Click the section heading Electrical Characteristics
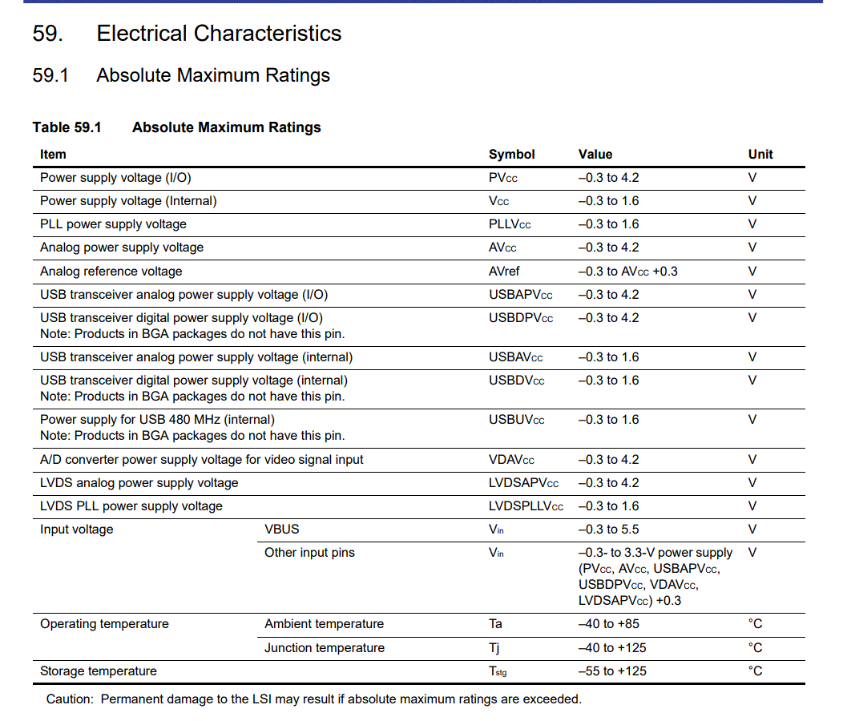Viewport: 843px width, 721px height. point(219,34)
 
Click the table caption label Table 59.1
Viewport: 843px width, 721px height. point(67,127)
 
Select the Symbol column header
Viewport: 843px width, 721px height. point(511,155)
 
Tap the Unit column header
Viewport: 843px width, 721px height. point(760,155)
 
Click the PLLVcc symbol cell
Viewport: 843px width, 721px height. point(510,224)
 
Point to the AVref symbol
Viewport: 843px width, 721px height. point(504,272)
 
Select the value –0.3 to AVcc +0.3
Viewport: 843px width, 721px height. point(627,272)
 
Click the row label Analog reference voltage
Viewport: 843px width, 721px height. point(111,272)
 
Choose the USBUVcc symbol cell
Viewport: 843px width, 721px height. point(516,420)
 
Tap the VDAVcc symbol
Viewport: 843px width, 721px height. point(511,460)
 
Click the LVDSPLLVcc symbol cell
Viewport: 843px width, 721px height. point(526,506)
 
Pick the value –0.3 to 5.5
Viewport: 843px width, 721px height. point(608,530)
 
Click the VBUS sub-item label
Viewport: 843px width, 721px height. point(282,530)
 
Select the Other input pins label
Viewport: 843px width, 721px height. point(309,553)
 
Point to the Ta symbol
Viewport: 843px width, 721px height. point(495,624)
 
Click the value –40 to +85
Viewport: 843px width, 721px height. point(608,624)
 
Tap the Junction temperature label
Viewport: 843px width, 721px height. point(324,648)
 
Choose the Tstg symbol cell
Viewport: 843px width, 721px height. point(498,671)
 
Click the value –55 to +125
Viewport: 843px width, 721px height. point(612,671)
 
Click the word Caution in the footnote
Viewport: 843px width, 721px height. point(70,699)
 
